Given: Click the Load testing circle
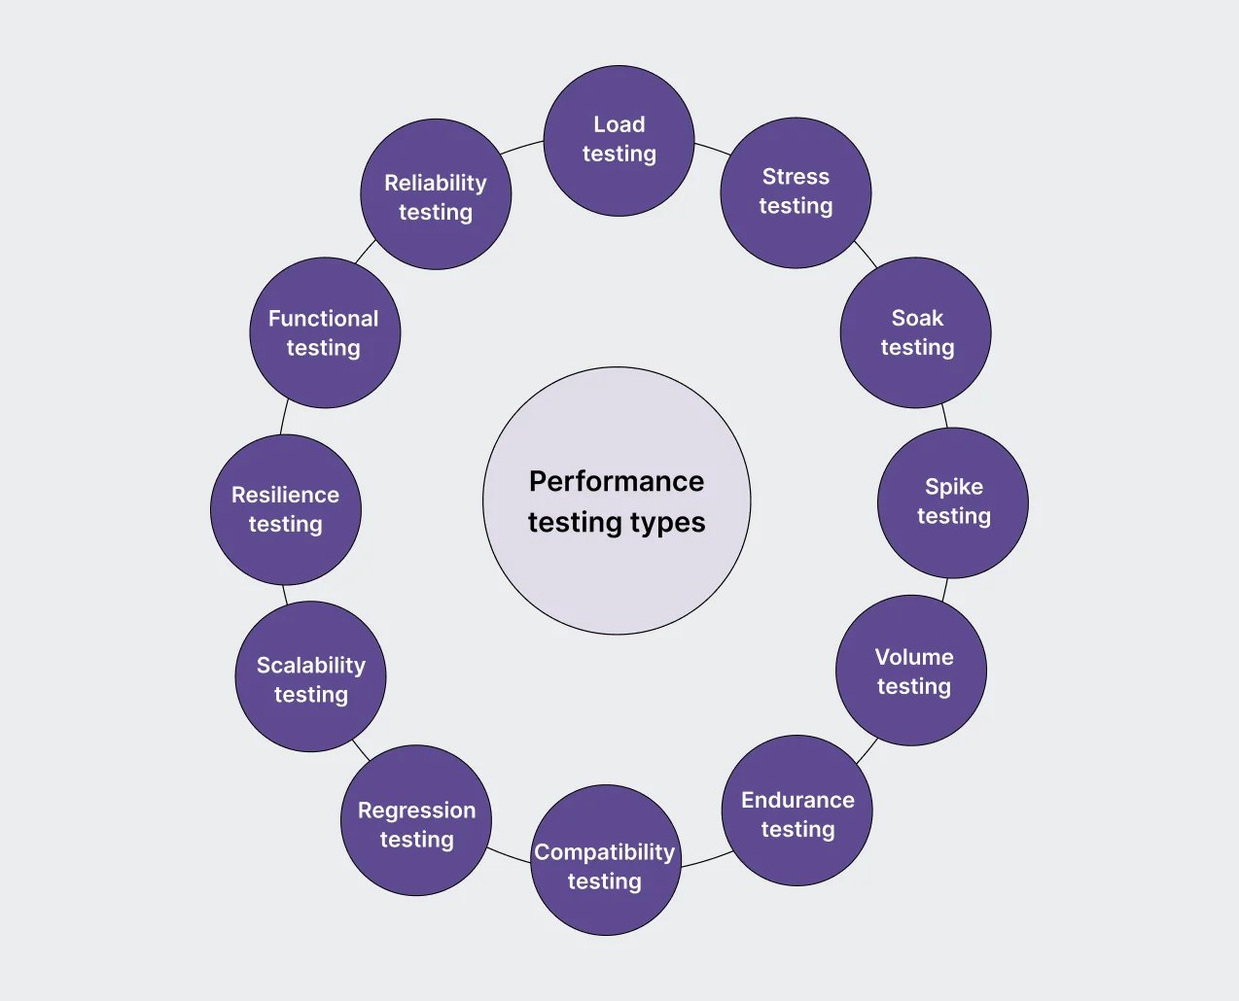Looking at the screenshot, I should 619,141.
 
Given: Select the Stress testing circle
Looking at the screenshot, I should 796,192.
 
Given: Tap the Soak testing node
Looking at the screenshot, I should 915,332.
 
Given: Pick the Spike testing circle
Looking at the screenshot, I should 952,502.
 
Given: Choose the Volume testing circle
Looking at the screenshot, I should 911,671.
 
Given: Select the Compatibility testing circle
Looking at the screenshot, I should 606,860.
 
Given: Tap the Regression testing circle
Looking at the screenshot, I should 416,820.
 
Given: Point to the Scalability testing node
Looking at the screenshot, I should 310,676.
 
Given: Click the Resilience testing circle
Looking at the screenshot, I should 286,509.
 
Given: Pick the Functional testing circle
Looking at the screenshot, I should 325,332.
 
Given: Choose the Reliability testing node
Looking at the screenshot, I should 436,194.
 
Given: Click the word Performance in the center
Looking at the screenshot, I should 617,482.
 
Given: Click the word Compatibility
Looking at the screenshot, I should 604,852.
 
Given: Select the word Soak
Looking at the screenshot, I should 917,319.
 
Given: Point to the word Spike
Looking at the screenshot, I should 954,487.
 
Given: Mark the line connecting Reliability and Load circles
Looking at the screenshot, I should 521,147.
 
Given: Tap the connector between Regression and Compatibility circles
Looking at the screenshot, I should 509,855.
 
